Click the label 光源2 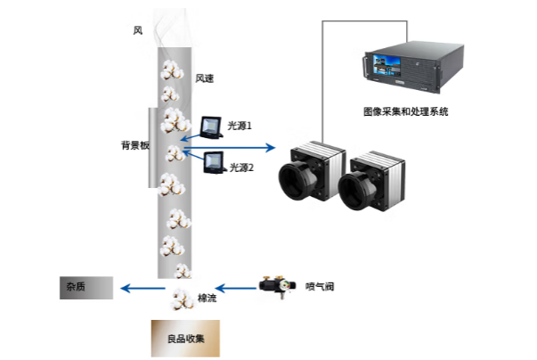point(241,167)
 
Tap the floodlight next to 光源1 point(212,129)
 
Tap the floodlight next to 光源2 point(216,163)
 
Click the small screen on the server point(386,64)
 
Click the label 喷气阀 point(319,286)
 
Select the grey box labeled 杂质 point(86,287)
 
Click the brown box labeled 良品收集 point(183,339)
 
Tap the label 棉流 point(206,298)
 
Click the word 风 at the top point(137,31)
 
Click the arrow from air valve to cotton point(235,287)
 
